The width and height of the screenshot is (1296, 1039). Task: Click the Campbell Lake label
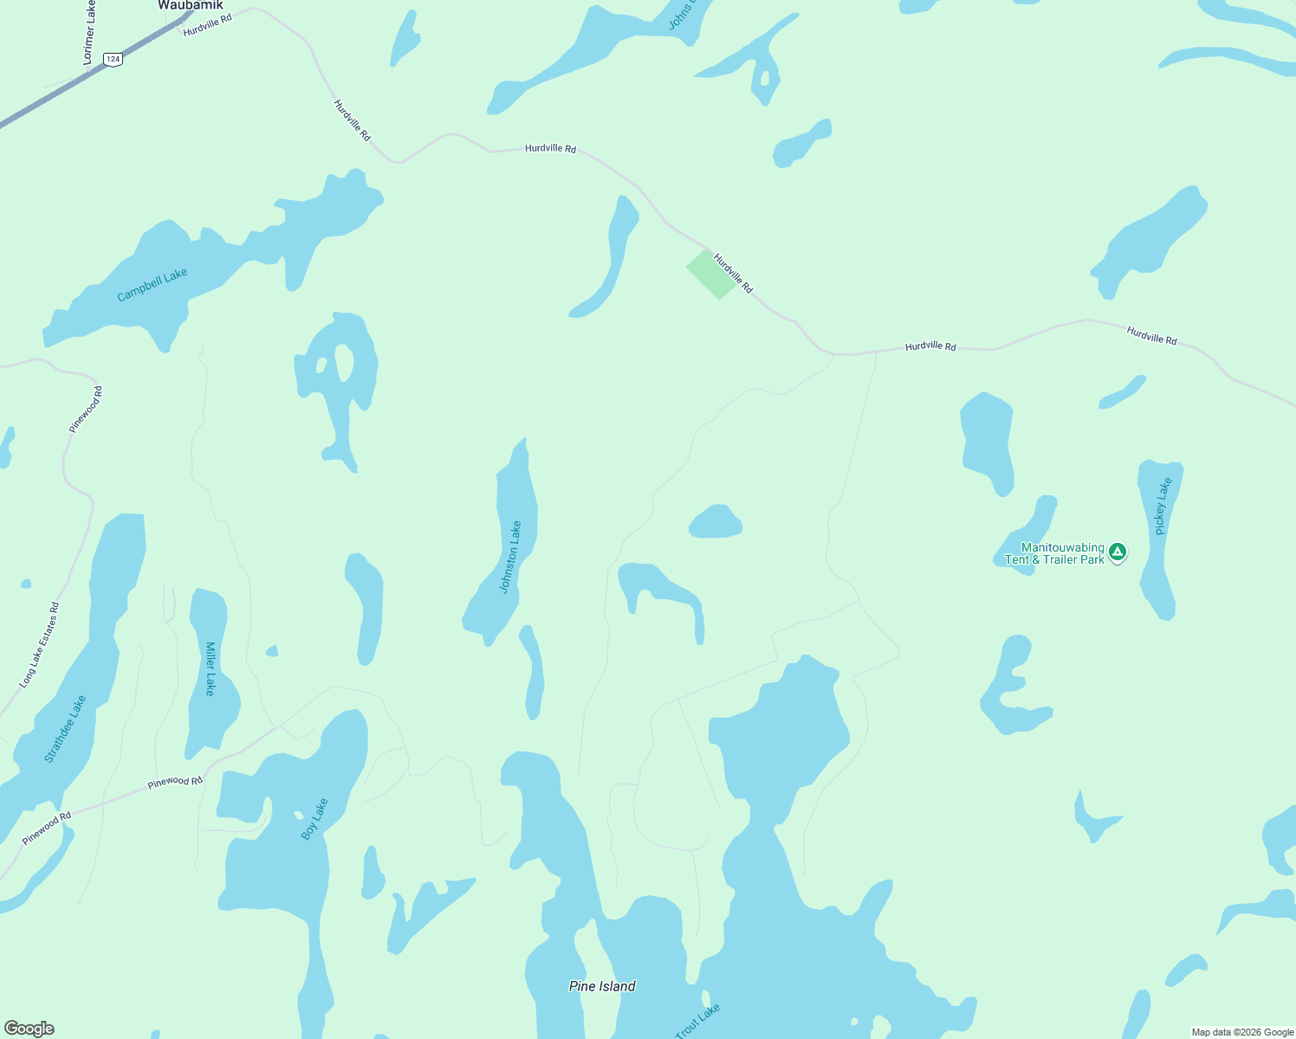point(152,285)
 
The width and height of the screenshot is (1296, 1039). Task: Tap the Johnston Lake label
point(511,557)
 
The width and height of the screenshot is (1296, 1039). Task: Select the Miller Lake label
point(210,668)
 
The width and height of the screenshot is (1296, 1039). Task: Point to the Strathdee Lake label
point(66,729)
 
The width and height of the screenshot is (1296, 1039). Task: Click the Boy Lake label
point(314,819)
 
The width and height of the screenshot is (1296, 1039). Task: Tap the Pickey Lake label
point(1163,507)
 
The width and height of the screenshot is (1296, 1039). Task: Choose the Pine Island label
point(602,986)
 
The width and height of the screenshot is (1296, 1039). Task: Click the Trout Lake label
point(697,1021)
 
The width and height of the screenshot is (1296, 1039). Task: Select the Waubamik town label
point(191,5)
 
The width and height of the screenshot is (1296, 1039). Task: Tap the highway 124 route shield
point(113,59)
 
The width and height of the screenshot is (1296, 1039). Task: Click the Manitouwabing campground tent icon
point(1118,552)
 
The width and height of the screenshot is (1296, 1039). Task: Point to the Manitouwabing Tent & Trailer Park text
point(1055,553)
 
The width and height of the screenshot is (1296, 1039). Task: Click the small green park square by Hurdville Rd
point(711,274)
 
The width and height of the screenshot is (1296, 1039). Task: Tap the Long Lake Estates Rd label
point(41,645)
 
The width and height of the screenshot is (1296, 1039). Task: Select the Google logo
point(29,1029)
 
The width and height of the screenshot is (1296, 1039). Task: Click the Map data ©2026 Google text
point(1242,1032)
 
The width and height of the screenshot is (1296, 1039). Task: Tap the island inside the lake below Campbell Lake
point(344,363)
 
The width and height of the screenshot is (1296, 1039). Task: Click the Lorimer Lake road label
point(89,32)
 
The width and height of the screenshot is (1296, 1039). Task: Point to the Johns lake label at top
point(680,16)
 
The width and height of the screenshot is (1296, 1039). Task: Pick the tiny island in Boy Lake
point(299,815)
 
